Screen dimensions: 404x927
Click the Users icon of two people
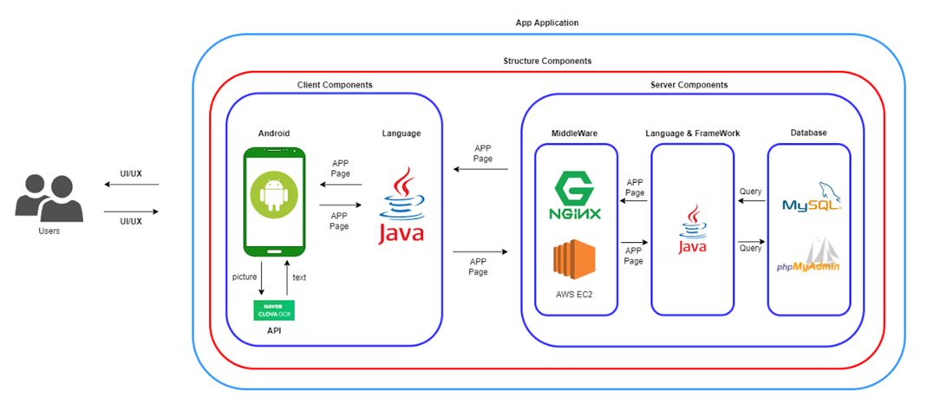point(49,199)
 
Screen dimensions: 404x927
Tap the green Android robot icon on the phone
point(274,194)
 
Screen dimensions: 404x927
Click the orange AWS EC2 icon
point(575,262)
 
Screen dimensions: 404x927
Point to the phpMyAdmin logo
point(809,257)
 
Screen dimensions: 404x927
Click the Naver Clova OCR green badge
point(274,310)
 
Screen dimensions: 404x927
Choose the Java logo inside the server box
point(692,230)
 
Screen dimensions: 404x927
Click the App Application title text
point(546,23)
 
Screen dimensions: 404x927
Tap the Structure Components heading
point(547,62)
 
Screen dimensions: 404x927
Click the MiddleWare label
point(576,133)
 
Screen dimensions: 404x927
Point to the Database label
point(808,133)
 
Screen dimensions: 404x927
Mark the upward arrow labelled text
point(286,278)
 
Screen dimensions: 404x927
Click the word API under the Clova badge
point(274,330)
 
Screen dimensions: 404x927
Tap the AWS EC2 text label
point(576,295)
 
